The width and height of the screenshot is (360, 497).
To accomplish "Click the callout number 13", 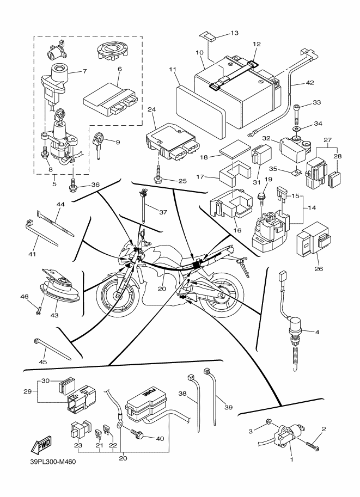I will coord(234,34).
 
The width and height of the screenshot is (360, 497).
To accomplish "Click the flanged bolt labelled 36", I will coord(72,187).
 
